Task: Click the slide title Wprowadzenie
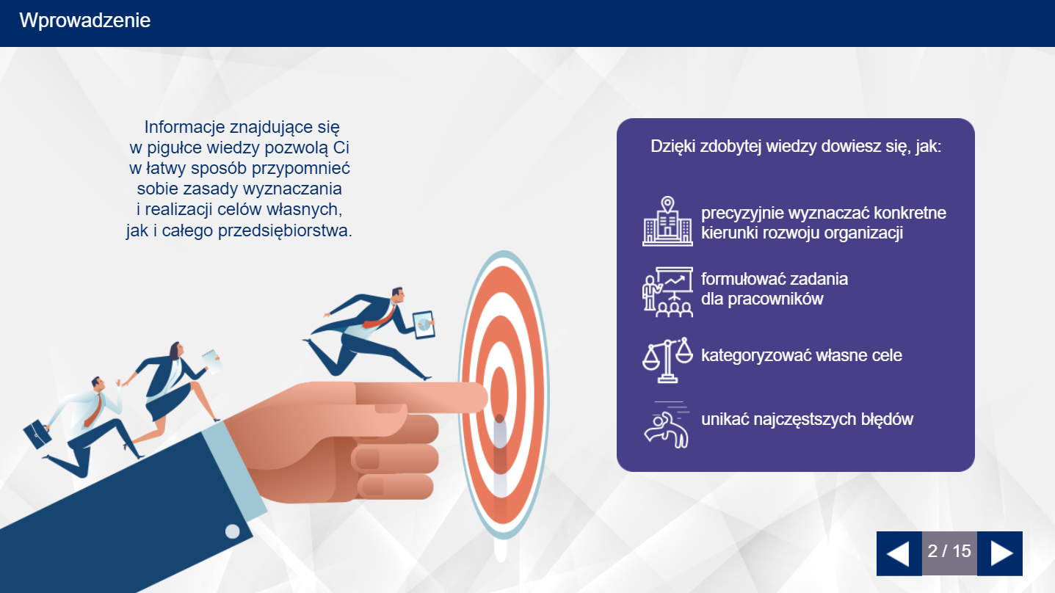(84, 21)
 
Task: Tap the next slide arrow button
(1000, 553)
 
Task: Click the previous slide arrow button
(899, 553)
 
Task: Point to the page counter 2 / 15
(949, 551)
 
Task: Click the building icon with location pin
(667, 221)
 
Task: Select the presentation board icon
(667, 292)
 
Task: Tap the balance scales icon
(667, 360)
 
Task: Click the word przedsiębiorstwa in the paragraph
(285, 230)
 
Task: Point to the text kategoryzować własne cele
(802, 355)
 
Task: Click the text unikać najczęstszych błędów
(808, 419)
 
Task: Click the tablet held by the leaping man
(424, 324)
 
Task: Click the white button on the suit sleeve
(232, 531)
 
